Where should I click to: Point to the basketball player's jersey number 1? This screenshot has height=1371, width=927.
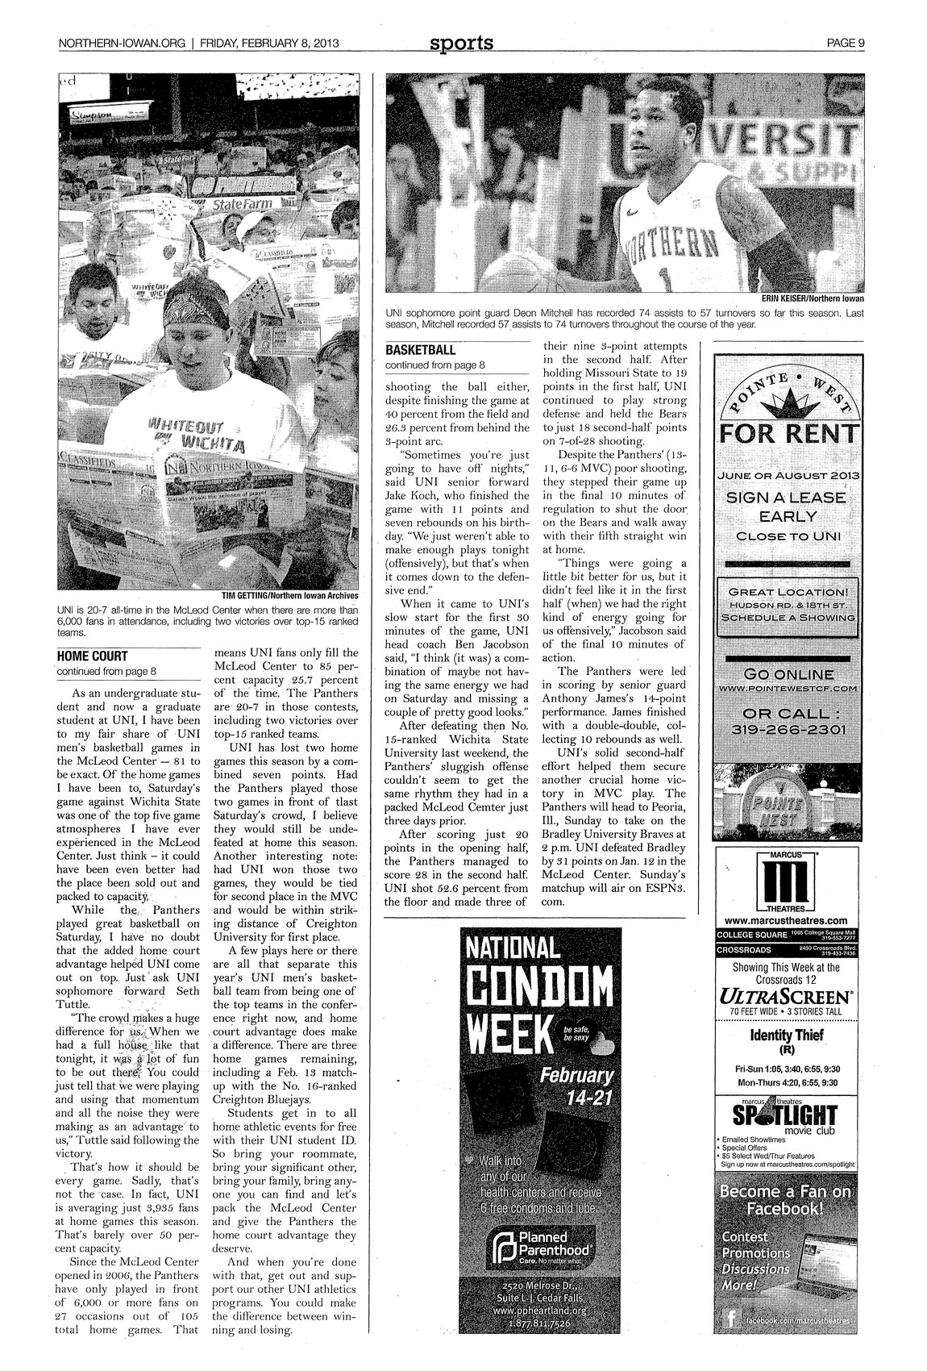coord(665,279)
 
